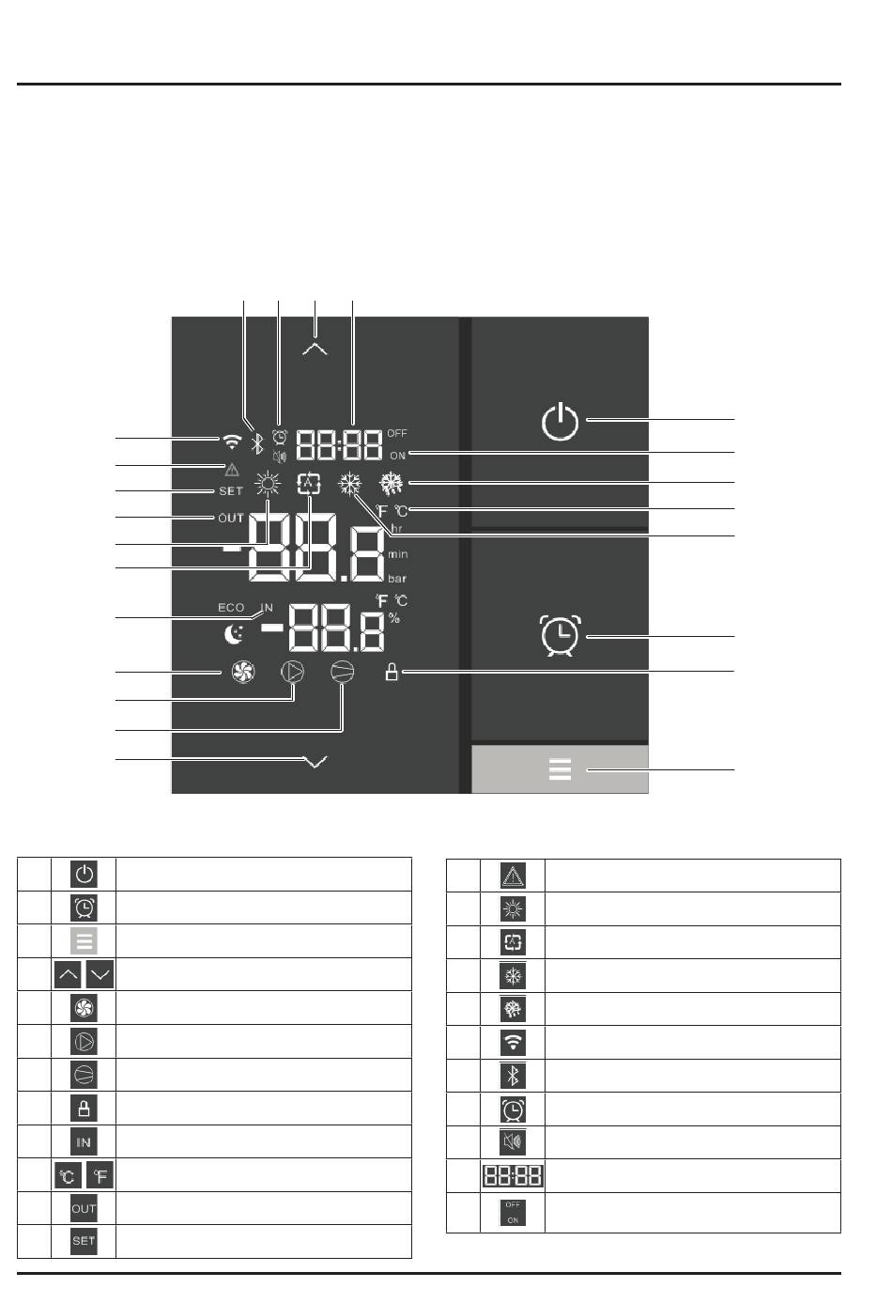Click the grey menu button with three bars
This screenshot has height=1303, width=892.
[560, 769]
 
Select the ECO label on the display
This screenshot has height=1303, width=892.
[231, 608]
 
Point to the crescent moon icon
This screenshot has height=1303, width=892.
[233, 635]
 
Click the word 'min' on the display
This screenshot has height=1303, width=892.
[397, 555]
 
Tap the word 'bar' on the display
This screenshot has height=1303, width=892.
[397, 579]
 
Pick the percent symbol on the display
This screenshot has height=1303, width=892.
[394, 618]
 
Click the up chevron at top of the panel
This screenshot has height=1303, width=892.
[315, 349]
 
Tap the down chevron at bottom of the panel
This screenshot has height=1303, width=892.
[315, 762]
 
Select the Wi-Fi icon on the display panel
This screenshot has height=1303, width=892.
[231, 442]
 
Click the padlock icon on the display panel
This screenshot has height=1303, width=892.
[392, 672]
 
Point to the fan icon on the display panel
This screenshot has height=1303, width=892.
[243, 672]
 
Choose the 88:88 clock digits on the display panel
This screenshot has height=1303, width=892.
[339, 443]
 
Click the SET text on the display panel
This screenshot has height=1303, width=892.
[231, 491]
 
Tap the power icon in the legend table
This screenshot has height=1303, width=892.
[85, 874]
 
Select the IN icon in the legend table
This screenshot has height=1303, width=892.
[85, 1141]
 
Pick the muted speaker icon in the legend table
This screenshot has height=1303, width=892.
[513, 1142]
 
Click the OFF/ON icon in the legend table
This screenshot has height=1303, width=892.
[513, 1212]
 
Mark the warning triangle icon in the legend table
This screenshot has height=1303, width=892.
[513, 876]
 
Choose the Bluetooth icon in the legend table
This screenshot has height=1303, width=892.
[513, 1076]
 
